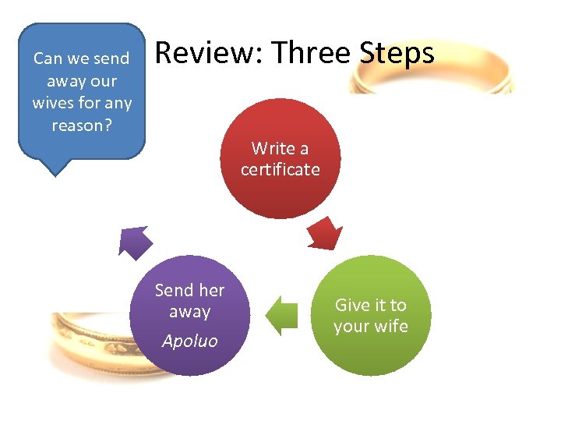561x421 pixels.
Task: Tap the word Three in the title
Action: [311, 53]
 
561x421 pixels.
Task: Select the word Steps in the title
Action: [397, 53]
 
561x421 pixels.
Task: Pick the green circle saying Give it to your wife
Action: [371, 316]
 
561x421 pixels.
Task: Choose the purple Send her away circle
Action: [190, 316]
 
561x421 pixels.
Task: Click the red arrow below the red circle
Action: [326, 232]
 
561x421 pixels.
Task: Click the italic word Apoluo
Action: [189, 341]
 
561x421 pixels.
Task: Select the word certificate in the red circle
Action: [280, 169]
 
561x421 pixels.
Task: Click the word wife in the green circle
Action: [391, 326]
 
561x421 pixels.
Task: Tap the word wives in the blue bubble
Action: [51, 103]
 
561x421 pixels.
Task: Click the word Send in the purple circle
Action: [174, 290]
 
